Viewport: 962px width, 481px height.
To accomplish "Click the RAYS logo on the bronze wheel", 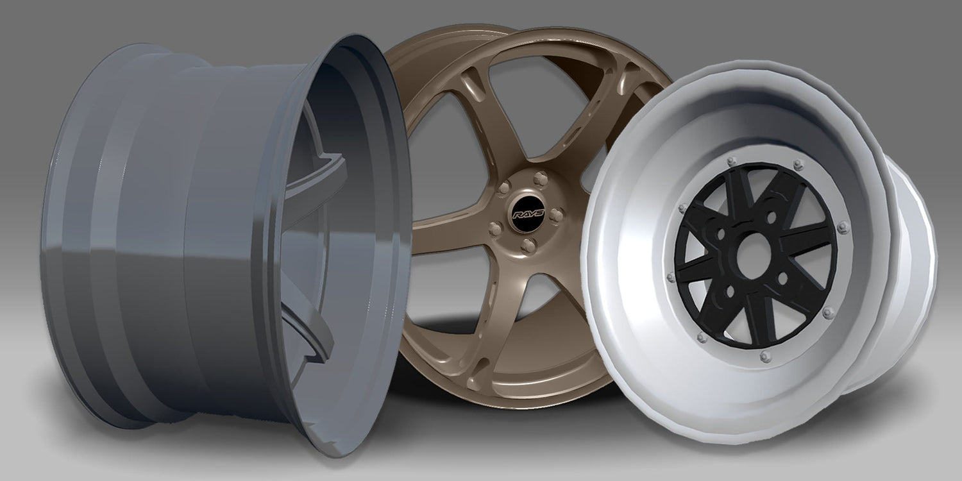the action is (528, 214).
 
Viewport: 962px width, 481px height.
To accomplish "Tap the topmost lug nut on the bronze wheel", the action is (540, 178).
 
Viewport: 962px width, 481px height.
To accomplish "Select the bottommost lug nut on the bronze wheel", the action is (528, 246).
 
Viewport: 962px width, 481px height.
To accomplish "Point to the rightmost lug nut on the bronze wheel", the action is (556, 215).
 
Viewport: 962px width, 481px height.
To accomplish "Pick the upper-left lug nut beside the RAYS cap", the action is (503, 188).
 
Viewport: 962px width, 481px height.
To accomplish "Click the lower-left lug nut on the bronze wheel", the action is (495, 229).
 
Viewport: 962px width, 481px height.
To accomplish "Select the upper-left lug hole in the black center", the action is (721, 235).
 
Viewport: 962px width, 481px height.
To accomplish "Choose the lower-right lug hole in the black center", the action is (782, 279).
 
